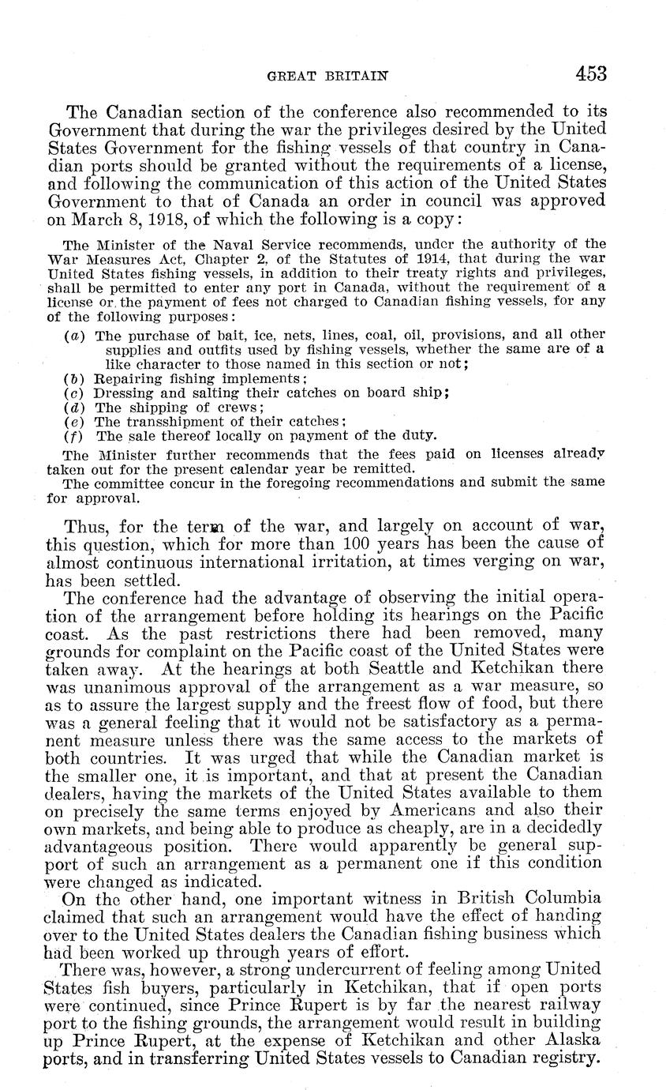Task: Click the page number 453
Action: [x=591, y=74]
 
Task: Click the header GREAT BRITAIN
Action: [x=328, y=76]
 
